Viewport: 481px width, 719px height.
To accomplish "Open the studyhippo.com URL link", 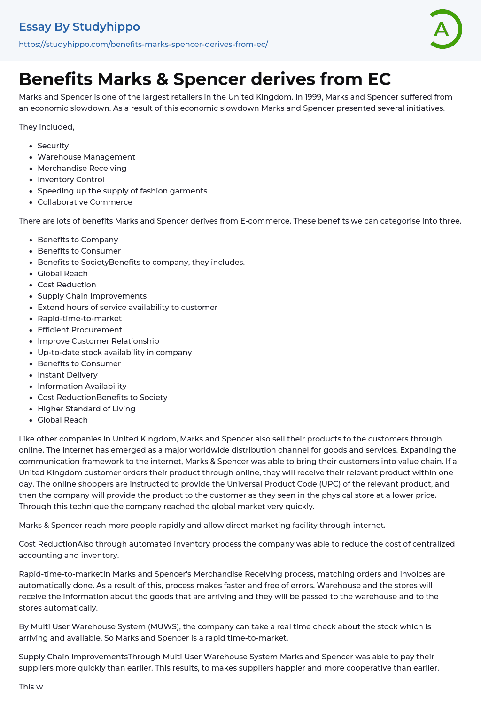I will pos(143,44).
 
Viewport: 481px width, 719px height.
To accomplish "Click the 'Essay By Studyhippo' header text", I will pos(79,27).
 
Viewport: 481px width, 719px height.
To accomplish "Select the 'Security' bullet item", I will pos(53,146).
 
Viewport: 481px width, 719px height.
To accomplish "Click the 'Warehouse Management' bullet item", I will pos(86,157).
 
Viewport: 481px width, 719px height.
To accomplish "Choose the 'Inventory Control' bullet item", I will pos(71,179).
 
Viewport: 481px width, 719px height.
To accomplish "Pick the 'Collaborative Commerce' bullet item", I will pos(85,202).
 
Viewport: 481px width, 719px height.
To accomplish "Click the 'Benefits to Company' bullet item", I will pos(78,240).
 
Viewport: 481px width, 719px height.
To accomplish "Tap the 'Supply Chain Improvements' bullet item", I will pos(92,296).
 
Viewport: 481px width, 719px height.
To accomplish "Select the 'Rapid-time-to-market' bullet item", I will pos(80,318).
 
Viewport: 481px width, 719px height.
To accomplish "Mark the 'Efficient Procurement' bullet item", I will pos(80,330).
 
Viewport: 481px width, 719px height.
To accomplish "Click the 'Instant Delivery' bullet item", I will pos(68,375).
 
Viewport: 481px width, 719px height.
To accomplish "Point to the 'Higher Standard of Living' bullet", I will pos(86,409).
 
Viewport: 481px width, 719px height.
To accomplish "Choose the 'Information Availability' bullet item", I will pos(82,386).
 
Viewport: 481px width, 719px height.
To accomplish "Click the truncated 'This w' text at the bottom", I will pos(31,687).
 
